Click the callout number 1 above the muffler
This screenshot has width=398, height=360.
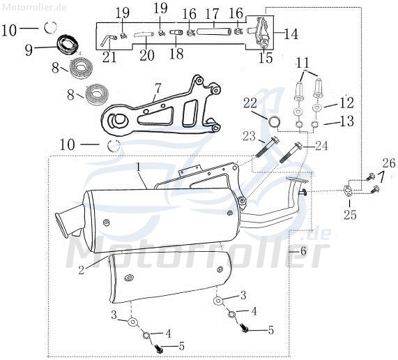[x=138, y=168]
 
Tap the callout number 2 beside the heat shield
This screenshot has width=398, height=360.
[x=81, y=270]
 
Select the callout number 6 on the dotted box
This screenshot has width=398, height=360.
[x=303, y=251]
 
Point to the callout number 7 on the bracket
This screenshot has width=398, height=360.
[x=158, y=89]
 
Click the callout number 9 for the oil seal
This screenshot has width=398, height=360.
[x=29, y=50]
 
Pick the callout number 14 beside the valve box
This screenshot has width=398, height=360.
[x=291, y=33]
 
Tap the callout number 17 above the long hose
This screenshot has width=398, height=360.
[x=212, y=14]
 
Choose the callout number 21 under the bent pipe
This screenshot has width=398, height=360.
[x=109, y=57]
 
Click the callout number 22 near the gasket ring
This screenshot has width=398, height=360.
[x=250, y=103]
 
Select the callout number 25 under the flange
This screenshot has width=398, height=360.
[x=351, y=215]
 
